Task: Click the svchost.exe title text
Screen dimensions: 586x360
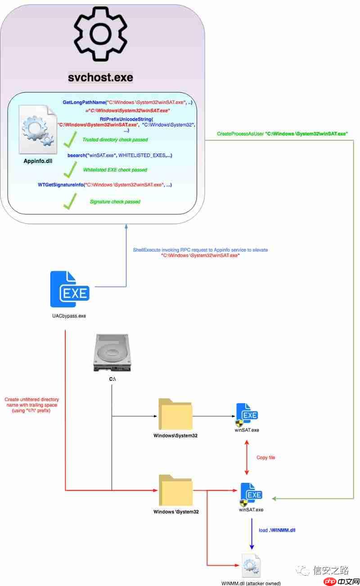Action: [x=100, y=77]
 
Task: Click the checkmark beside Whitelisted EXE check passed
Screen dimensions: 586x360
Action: [x=69, y=170]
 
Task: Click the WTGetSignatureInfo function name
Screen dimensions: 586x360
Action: [x=61, y=185]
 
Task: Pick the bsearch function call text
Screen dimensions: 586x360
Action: [x=120, y=155]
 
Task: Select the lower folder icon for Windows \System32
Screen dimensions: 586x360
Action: [x=175, y=491]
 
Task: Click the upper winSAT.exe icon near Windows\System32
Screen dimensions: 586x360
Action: [x=247, y=415]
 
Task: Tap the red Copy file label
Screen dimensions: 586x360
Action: [x=265, y=457]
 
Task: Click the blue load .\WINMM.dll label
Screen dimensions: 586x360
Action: [x=277, y=530]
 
